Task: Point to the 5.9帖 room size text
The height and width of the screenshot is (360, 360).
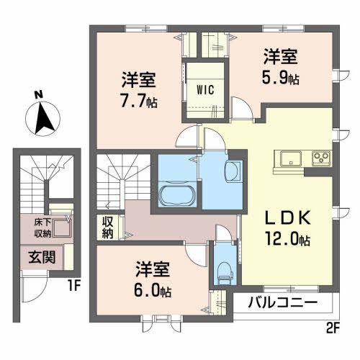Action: click(281, 76)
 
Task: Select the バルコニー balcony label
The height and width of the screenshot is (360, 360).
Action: click(284, 302)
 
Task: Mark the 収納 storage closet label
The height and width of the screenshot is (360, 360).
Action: click(107, 227)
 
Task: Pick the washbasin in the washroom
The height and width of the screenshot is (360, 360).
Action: click(233, 173)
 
